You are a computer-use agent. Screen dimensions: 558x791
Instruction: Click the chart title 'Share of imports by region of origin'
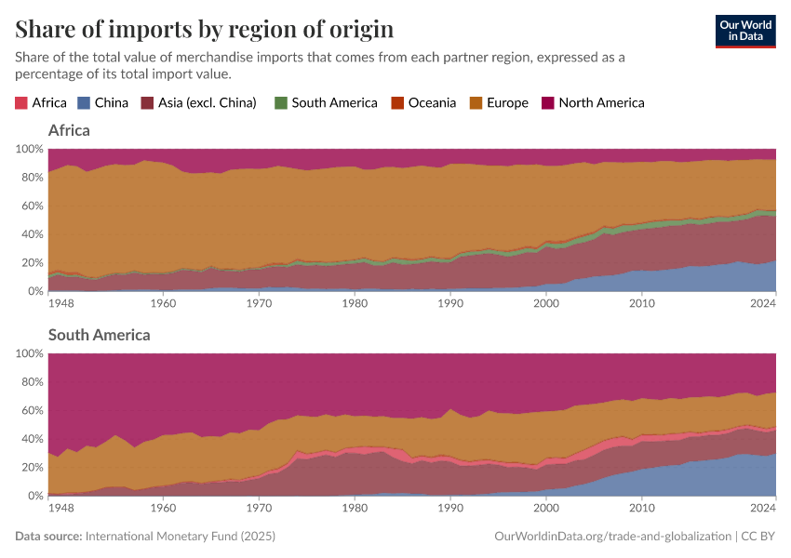(204, 29)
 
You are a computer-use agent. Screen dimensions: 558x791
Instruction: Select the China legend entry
(111, 103)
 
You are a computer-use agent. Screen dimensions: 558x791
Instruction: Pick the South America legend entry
(333, 103)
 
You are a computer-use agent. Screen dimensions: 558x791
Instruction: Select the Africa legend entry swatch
(21, 103)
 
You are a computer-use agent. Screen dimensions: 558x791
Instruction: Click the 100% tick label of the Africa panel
(30, 149)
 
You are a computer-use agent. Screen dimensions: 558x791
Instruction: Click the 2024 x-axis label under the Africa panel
(762, 303)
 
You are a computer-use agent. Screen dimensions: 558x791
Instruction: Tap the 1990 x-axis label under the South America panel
(450, 508)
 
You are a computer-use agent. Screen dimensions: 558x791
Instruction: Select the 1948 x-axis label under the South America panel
(61, 508)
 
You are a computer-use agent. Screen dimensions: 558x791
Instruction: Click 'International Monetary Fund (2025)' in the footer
(180, 537)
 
